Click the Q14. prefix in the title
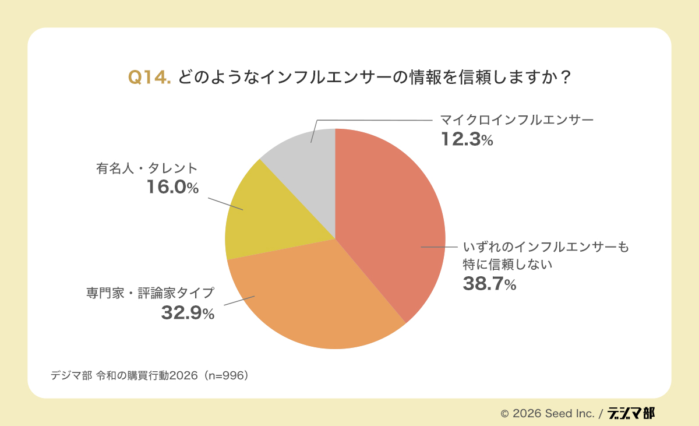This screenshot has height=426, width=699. coord(149,78)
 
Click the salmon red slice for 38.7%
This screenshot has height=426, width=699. coord(390,221)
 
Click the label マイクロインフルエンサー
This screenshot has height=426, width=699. coord(516,121)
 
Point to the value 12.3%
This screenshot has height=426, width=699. coord(466,140)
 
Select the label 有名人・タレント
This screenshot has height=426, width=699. coord(147,168)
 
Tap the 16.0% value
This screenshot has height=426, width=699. coord(172,188)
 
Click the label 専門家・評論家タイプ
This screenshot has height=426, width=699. coord(147,293)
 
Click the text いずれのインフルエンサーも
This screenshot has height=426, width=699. coord(546,247)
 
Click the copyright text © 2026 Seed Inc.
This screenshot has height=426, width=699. coord(547,413)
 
